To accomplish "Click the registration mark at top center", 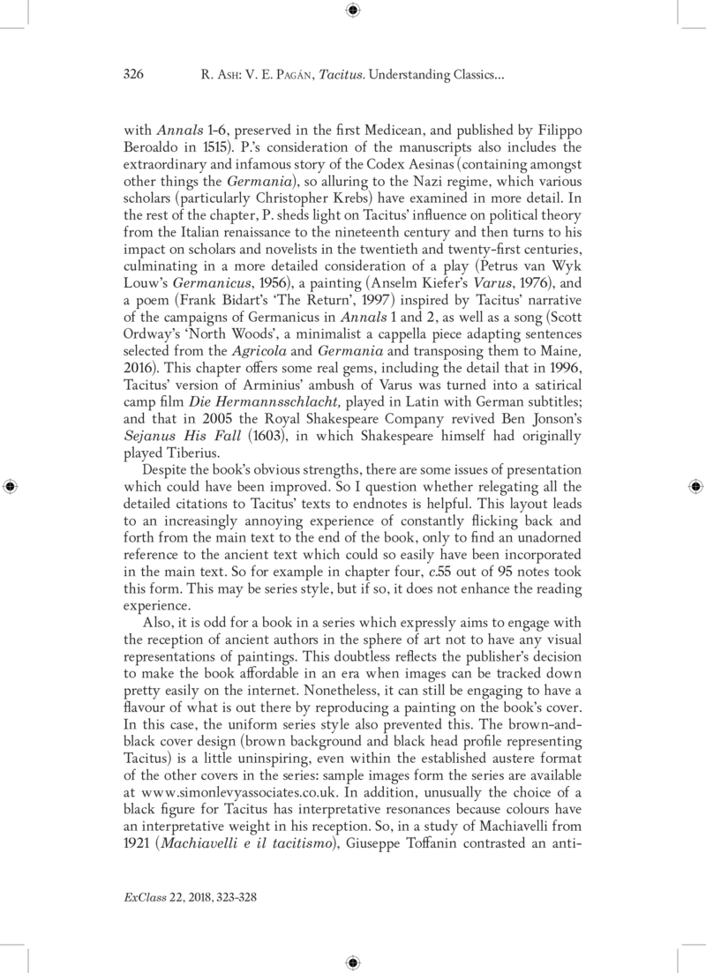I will point(352,11).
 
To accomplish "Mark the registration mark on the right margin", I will point(695,486).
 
